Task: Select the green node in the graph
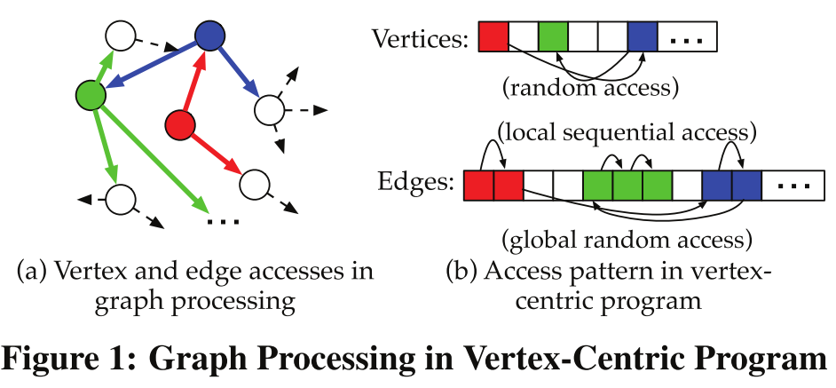point(91,93)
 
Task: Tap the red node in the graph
point(180,125)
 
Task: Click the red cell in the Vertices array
point(493,38)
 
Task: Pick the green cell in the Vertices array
point(553,38)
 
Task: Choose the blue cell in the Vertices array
point(642,38)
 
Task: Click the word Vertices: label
point(420,40)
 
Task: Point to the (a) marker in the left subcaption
point(32,271)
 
